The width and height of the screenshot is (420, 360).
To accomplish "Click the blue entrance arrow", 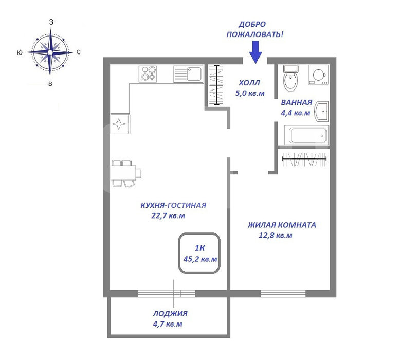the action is (255, 52).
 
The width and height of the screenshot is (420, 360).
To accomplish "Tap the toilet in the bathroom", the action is (290, 78).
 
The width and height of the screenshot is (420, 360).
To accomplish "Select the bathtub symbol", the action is (307, 135).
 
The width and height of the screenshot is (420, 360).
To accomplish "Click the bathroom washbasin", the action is (322, 111).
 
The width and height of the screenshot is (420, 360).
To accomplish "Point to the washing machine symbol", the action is (319, 75).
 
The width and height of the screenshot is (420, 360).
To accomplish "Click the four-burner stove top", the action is (148, 74).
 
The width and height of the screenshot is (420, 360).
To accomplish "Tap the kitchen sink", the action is (188, 74).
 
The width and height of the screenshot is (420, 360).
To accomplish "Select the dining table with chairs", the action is (126, 173).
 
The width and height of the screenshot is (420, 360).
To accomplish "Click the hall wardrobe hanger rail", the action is (217, 85).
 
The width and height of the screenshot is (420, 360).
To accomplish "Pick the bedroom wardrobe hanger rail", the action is (304, 159).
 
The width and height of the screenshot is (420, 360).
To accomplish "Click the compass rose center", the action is (50, 52).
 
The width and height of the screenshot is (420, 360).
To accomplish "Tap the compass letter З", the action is (51, 22).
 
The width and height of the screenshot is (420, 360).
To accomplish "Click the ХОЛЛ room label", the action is (249, 83).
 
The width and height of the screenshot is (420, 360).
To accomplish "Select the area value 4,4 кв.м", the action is (295, 113).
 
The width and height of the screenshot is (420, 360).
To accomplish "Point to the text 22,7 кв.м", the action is (168, 216).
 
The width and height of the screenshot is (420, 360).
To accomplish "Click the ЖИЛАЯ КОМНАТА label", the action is (282, 225).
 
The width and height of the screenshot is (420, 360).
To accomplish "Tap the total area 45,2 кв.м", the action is (200, 259).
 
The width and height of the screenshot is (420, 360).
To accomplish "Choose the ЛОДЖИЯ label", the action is (170, 313).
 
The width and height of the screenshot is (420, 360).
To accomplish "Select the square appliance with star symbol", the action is (120, 124).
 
